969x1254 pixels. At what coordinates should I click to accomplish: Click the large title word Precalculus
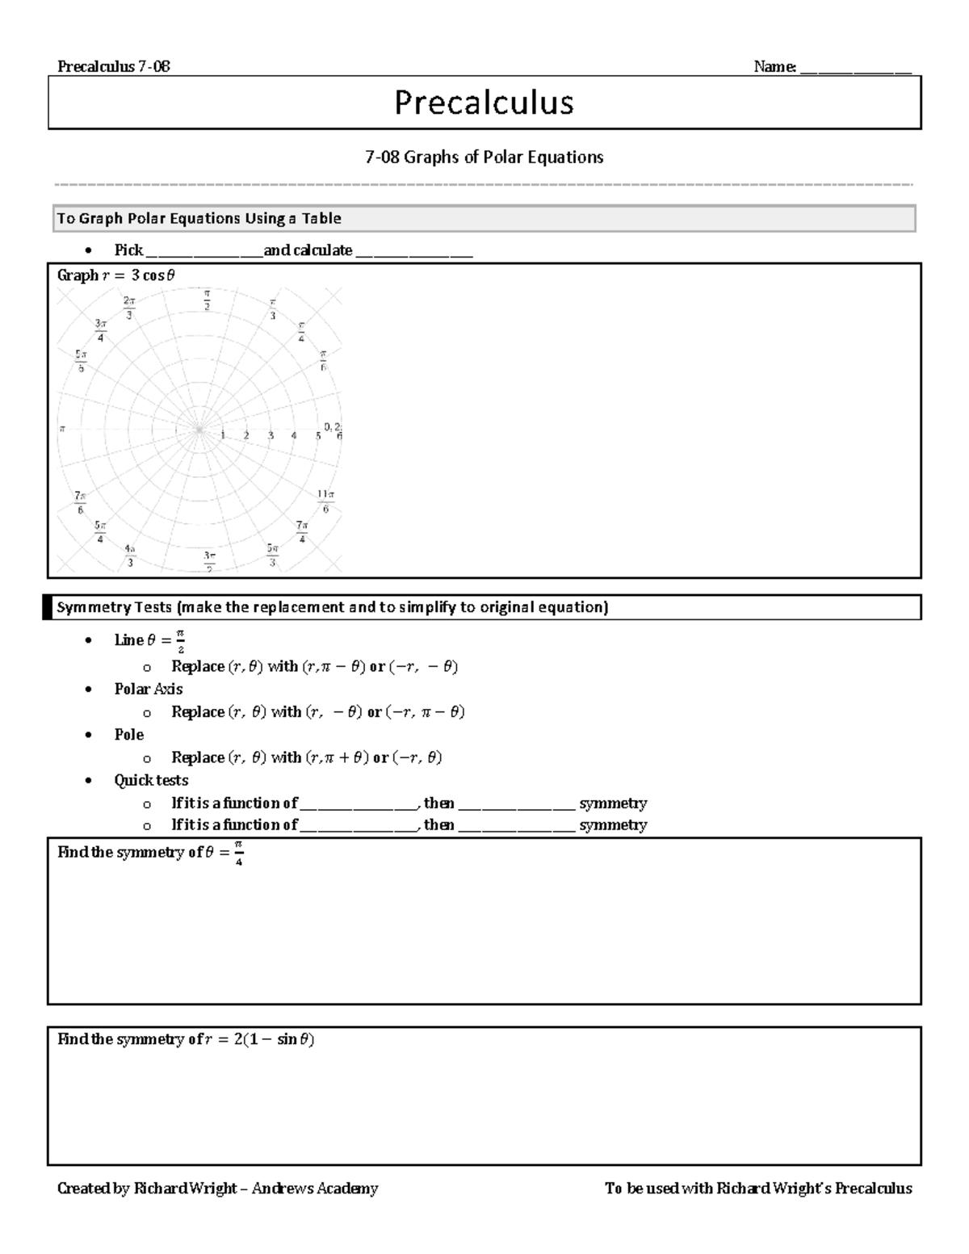pos(484,103)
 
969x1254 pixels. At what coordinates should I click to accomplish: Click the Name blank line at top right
pos(855,68)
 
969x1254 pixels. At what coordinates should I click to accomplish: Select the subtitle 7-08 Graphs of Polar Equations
pos(484,157)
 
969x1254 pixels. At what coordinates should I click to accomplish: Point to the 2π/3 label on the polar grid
pos(129,307)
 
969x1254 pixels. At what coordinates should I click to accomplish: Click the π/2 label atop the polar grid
pos(207,299)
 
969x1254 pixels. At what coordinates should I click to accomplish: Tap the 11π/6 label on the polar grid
pos(325,501)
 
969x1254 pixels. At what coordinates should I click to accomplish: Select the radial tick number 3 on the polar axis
pos(271,436)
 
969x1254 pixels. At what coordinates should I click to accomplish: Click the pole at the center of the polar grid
pos(199,430)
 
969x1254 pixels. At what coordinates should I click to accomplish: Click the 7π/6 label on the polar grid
pos(80,502)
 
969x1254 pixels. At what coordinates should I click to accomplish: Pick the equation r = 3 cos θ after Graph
pos(137,275)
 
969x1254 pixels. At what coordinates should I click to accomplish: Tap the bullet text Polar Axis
pos(148,689)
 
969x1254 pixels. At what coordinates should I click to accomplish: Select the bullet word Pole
pos(128,734)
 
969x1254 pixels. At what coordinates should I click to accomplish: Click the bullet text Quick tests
pos(150,780)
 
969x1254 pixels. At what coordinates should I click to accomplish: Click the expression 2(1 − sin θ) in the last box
pos(274,1039)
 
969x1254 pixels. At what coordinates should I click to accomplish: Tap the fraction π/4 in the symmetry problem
pos(238,852)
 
